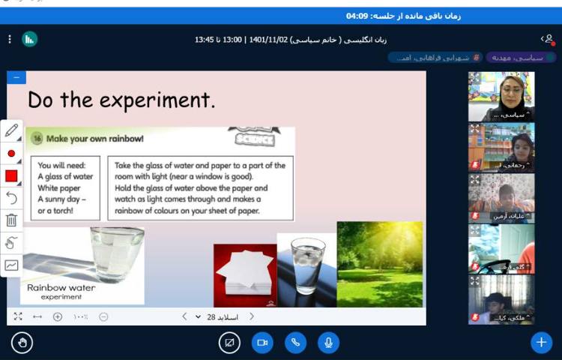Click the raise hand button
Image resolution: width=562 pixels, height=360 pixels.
coord(22,343)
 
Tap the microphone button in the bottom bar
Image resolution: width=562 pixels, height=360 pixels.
coord(327,343)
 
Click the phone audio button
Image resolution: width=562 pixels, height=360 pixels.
coord(295,343)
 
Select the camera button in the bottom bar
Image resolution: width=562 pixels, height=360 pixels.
coord(262,343)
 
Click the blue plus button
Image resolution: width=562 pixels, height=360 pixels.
coord(541,343)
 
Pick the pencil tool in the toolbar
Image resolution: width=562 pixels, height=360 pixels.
coord(11,131)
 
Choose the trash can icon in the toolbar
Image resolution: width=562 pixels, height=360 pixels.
coord(11,220)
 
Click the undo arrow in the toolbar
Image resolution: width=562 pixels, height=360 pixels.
coord(11,197)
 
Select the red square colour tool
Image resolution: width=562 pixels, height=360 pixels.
coord(11,175)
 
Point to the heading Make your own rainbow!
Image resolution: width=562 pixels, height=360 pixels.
coord(94,139)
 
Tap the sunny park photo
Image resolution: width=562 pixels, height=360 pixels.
coord(379,264)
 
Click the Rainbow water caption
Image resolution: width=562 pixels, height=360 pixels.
coord(61,287)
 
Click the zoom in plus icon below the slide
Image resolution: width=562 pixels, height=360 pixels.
coord(58,316)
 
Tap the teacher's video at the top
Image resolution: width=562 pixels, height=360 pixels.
coord(501,96)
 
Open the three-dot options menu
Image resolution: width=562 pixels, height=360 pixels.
coord(9,39)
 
